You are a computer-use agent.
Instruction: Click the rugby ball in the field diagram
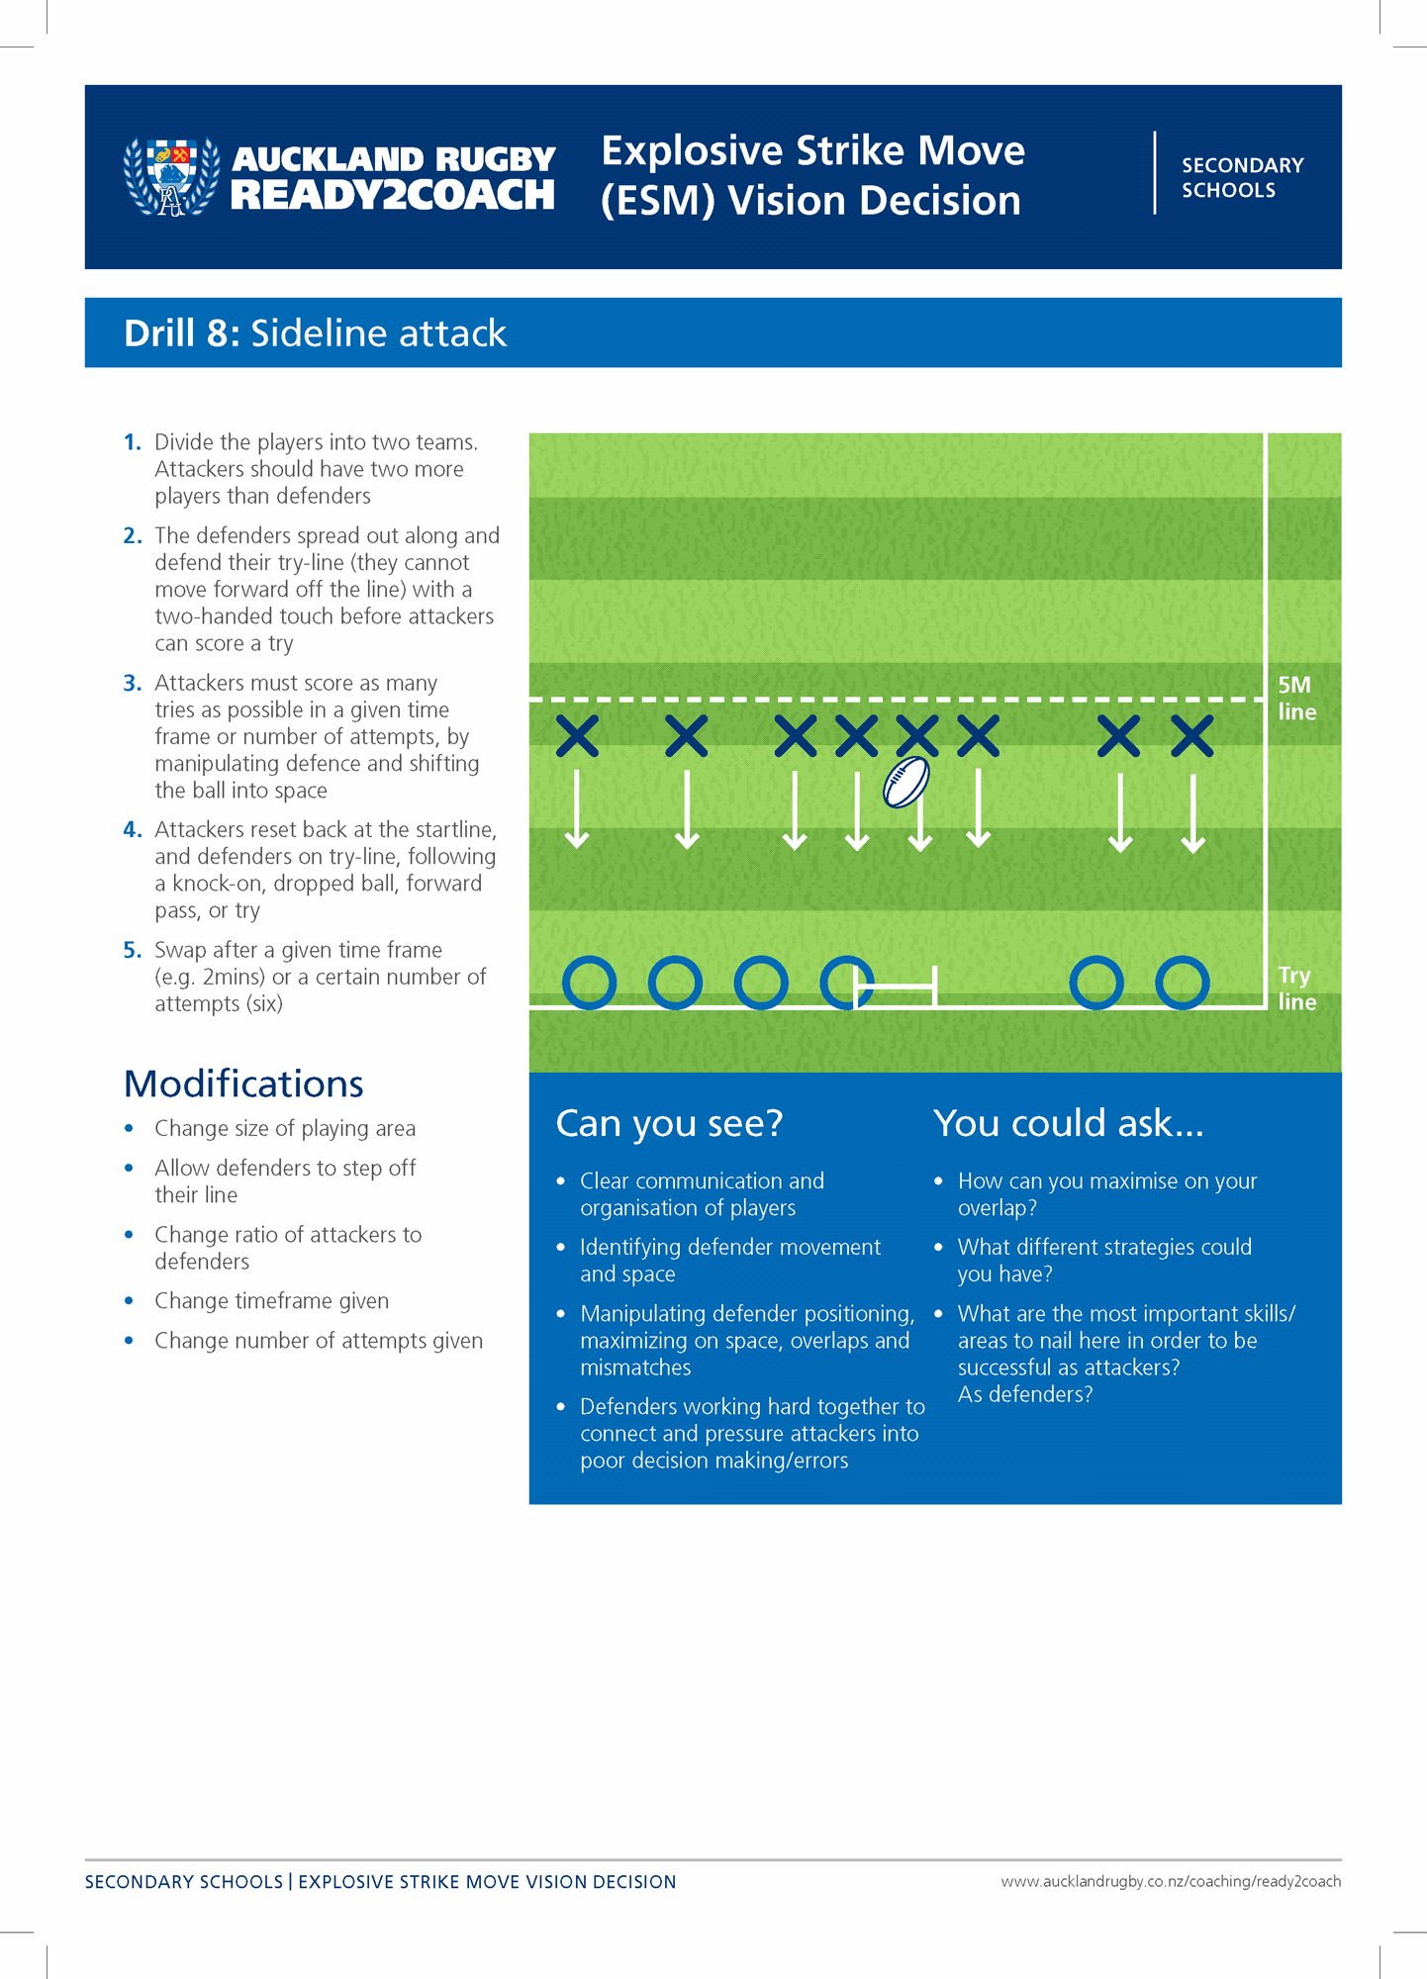coord(906,782)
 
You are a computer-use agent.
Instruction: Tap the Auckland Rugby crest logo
coord(171,176)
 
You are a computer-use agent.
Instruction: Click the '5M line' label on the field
coord(1296,698)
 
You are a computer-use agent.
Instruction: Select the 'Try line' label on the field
coord(1296,988)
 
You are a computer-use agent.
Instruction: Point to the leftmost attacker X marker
coord(577,736)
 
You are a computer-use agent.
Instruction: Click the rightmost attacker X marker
coord(1192,736)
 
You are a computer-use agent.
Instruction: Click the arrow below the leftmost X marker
coord(577,809)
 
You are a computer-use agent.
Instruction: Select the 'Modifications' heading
coord(243,1084)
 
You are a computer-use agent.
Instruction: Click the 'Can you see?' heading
coord(669,1123)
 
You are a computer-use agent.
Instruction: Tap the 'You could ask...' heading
coord(1068,1123)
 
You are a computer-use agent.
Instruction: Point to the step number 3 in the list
coord(133,683)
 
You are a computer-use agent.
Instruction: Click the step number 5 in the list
coord(133,950)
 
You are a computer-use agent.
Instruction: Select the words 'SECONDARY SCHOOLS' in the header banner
coord(1242,177)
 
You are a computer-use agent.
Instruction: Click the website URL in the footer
coord(1171,1881)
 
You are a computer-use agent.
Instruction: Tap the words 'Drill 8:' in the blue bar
coord(182,333)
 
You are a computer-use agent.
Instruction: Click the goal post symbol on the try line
coord(895,987)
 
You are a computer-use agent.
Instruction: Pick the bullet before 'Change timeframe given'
coord(129,1300)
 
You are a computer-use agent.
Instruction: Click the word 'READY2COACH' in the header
coord(392,195)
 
